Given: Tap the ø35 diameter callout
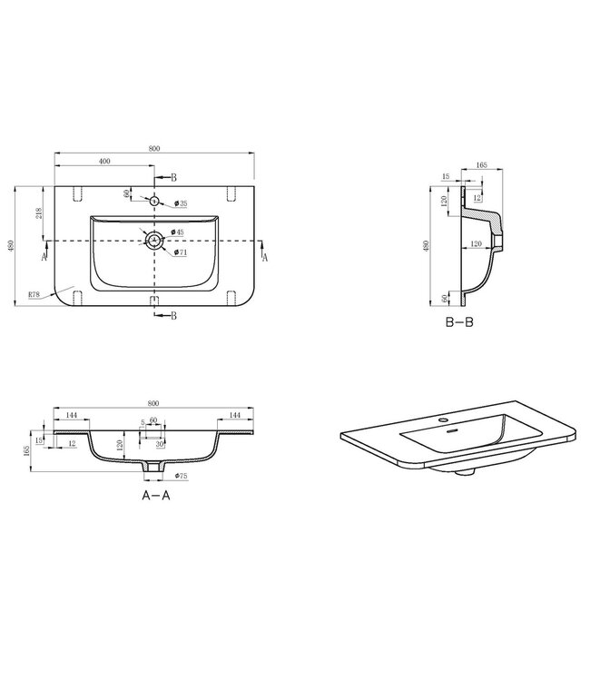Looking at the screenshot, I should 182,203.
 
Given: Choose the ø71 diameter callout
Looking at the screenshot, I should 182,252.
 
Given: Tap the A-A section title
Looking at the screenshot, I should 156,497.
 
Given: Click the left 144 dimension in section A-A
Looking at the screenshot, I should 72,414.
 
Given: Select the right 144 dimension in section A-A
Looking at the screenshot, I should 235,414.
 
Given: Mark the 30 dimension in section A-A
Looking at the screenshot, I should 160,444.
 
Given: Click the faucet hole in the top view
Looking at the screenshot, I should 155,201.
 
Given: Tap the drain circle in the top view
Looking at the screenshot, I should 155,241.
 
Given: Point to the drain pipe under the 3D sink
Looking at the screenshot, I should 467,471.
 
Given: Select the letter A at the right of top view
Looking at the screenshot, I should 265,258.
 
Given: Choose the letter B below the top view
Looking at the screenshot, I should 173,315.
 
